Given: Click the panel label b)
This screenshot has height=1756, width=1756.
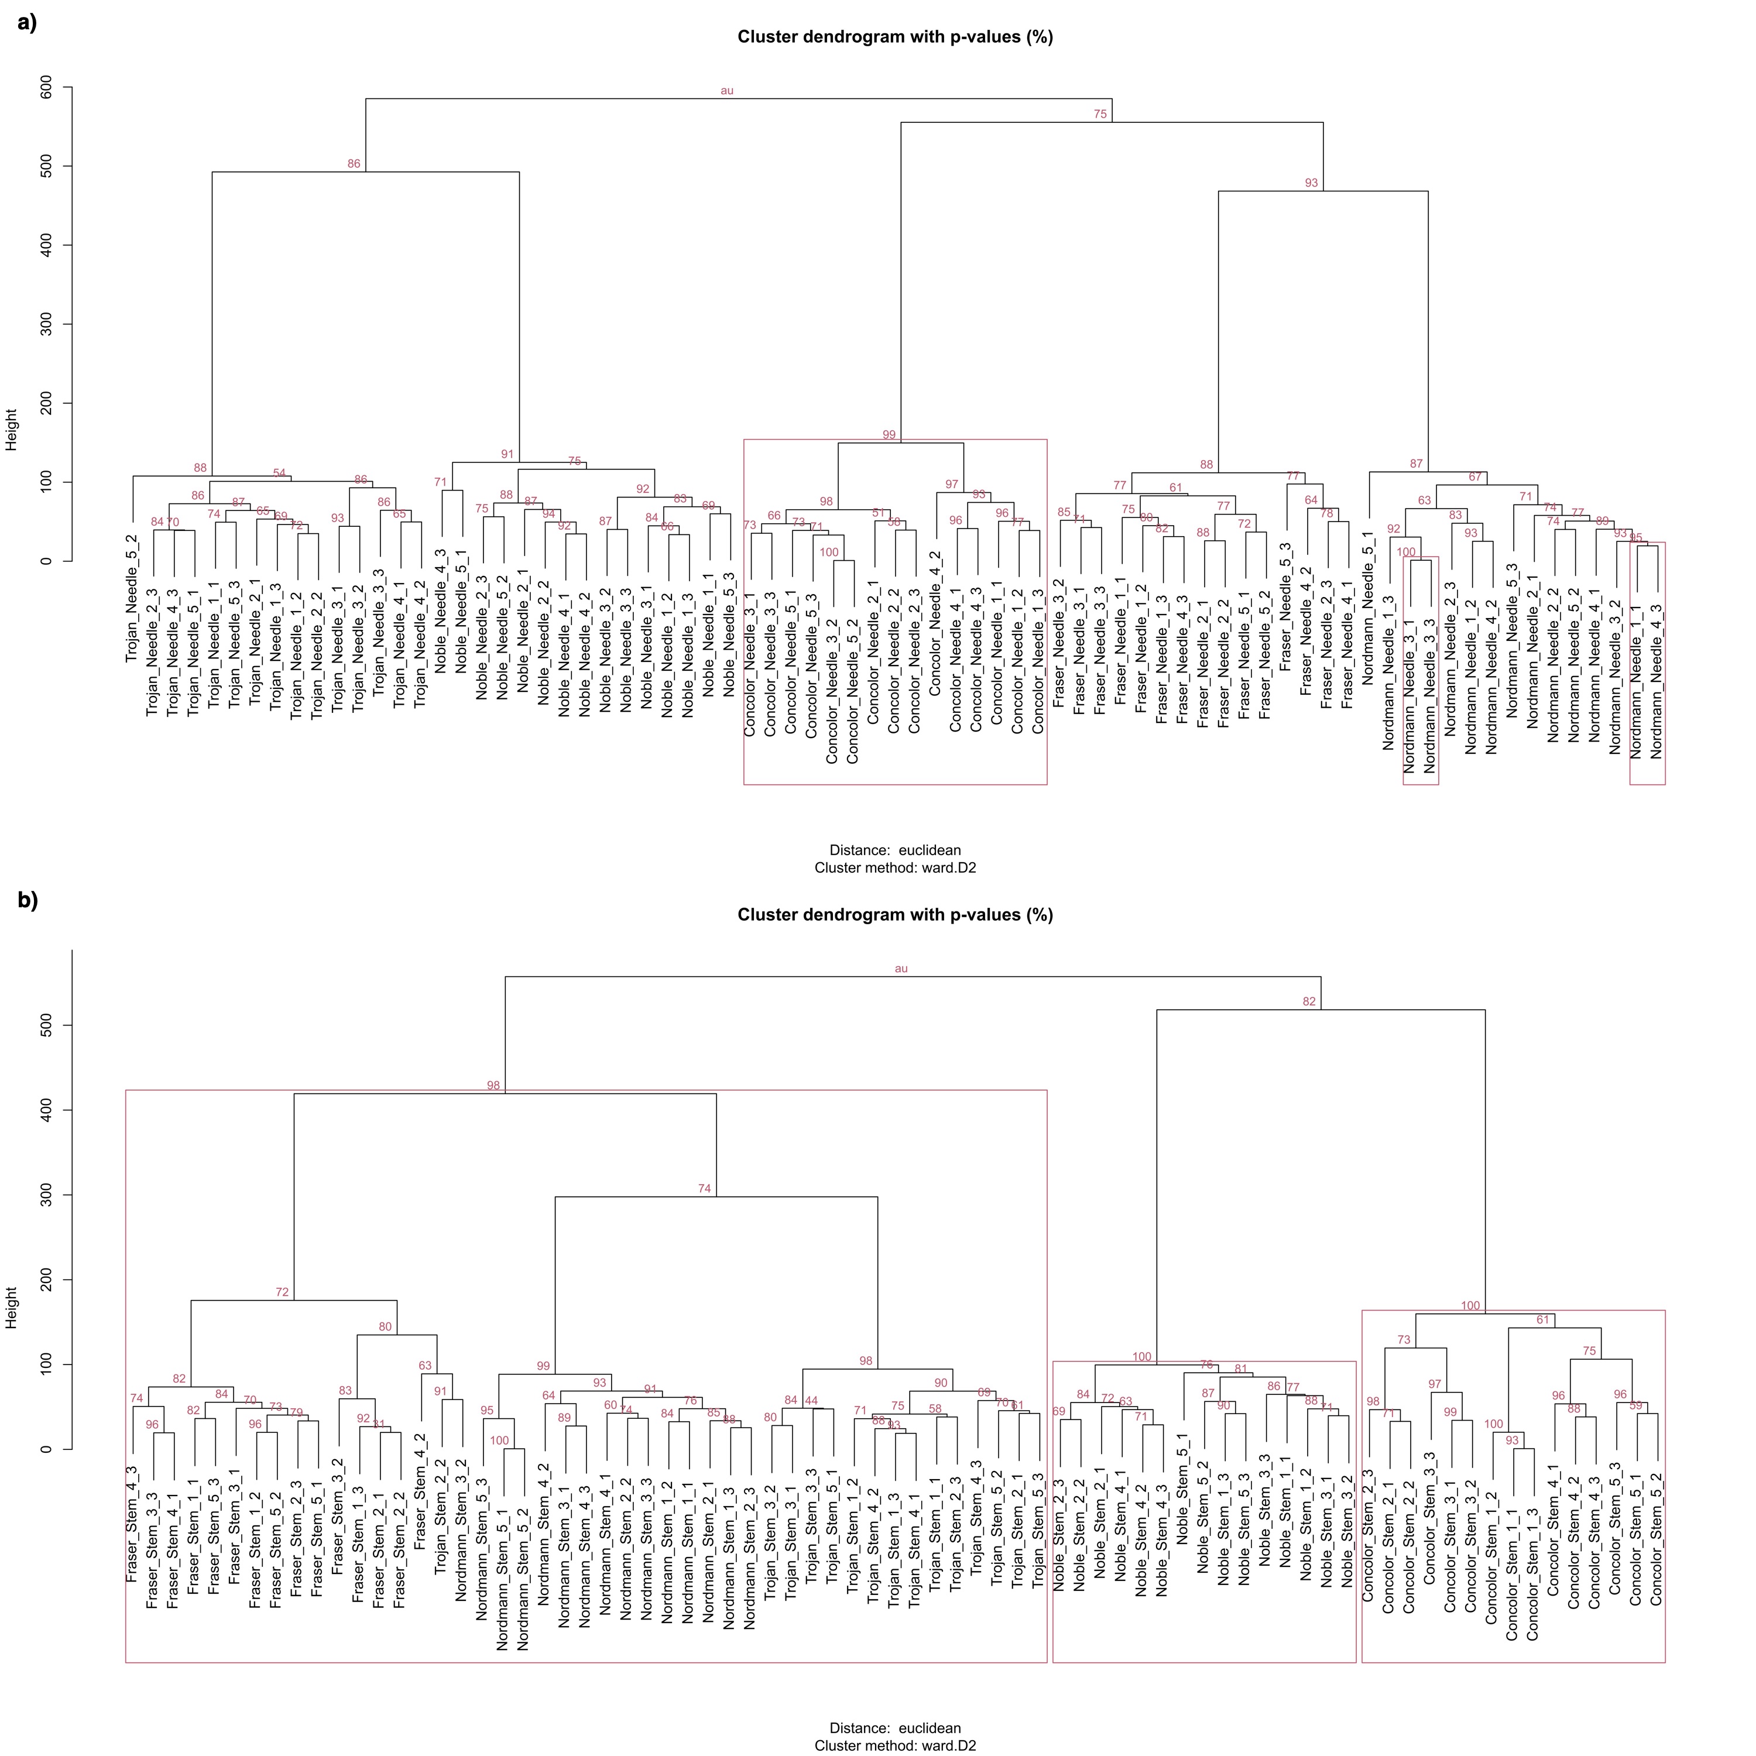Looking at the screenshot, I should [28, 900].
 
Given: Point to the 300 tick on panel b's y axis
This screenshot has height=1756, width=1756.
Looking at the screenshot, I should [46, 1194].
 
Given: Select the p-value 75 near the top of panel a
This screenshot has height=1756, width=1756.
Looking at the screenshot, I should [1100, 115].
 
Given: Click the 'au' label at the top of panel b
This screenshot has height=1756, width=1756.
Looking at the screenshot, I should [901, 969].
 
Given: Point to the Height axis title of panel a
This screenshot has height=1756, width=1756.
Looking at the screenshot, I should [12, 430].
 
